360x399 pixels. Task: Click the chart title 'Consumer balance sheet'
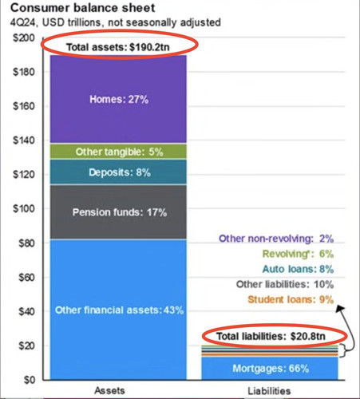coord(82,8)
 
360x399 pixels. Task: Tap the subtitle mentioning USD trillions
coord(116,22)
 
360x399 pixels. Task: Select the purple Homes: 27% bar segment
coord(118,99)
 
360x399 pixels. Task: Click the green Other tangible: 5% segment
coord(118,152)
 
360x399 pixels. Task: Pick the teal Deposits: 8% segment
coord(118,172)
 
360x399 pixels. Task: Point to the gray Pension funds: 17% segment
coord(118,212)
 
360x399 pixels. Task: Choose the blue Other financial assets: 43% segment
coord(118,310)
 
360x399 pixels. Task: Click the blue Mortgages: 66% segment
coord(270,369)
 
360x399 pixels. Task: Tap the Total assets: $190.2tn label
coord(118,47)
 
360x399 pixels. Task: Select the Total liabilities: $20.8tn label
coord(271,336)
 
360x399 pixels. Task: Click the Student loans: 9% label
coord(291,299)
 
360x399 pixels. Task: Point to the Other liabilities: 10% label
coord(285,284)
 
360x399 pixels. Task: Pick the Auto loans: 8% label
coord(298,269)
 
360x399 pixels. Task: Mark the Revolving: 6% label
coord(298,254)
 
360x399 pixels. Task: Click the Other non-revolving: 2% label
coord(276,239)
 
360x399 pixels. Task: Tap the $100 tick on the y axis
coord(24,208)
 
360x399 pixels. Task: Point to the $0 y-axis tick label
coord(30,380)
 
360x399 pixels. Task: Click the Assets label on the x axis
coord(109,390)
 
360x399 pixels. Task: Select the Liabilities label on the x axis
coord(269,391)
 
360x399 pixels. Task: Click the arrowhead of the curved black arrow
coord(340,309)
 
